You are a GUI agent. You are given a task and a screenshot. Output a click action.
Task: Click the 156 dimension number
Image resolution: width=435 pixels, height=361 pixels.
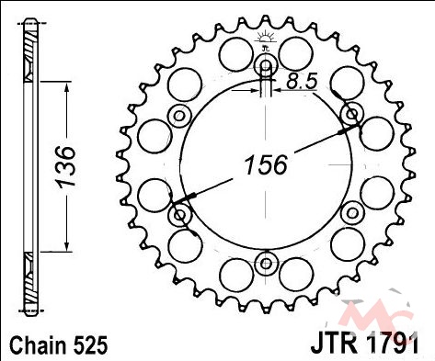click(266, 164)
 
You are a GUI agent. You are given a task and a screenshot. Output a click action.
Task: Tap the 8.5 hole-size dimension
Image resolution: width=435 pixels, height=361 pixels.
click(302, 82)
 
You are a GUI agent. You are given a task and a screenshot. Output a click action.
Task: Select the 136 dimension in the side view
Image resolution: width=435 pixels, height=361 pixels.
click(65, 166)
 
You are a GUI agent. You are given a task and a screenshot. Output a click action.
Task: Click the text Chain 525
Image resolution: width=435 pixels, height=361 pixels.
click(59, 345)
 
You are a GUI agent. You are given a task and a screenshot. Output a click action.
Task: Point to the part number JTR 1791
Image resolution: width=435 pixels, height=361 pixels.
click(364, 345)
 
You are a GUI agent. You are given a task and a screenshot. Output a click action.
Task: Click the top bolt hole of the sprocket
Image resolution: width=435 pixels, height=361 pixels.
click(266, 65)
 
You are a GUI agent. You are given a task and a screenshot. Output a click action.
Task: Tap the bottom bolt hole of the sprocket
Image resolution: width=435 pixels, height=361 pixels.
click(266, 263)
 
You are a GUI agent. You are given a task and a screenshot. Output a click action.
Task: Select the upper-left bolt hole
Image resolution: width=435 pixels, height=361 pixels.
click(180, 116)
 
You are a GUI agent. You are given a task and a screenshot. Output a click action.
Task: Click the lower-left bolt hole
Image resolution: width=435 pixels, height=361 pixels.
click(180, 215)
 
